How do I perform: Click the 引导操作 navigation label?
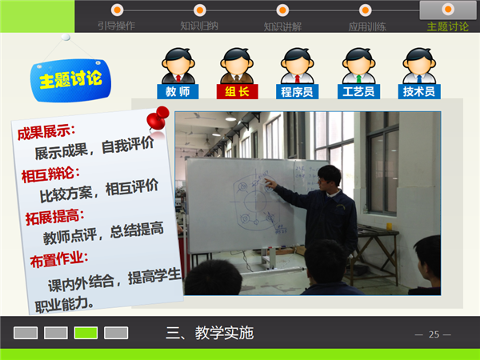coord(116,26)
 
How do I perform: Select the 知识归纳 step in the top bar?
coord(199,26)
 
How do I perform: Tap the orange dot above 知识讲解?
coord(282,10)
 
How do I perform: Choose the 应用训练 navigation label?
coord(367,27)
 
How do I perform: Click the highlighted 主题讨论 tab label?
coord(448,26)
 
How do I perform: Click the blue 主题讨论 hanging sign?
coord(70,80)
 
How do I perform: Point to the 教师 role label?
coord(178,91)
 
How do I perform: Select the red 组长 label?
coord(238,91)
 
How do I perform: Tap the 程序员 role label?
coord(298,91)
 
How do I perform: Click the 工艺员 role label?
coord(358,91)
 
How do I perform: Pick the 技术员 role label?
coord(419,91)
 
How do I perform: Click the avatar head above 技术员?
coord(419,62)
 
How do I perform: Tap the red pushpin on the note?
coord(158,118)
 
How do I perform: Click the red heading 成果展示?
coord(46,132)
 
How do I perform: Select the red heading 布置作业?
coord(59,259)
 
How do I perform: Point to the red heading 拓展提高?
coord(54,217)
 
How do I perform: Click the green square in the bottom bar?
coord(86,333)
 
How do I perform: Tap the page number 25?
coord(434,334)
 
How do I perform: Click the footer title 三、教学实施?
coord(210,333)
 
